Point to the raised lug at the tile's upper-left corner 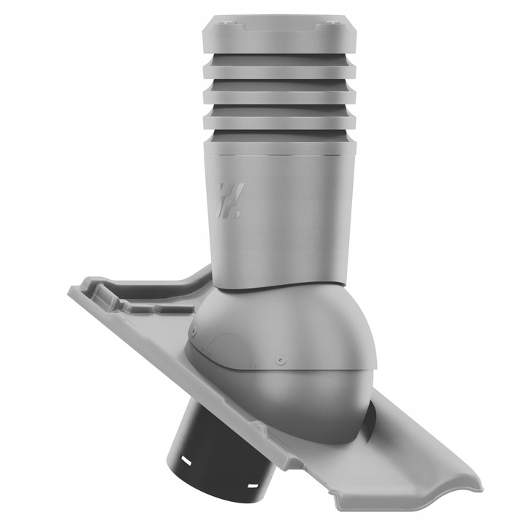pos(103,292)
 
